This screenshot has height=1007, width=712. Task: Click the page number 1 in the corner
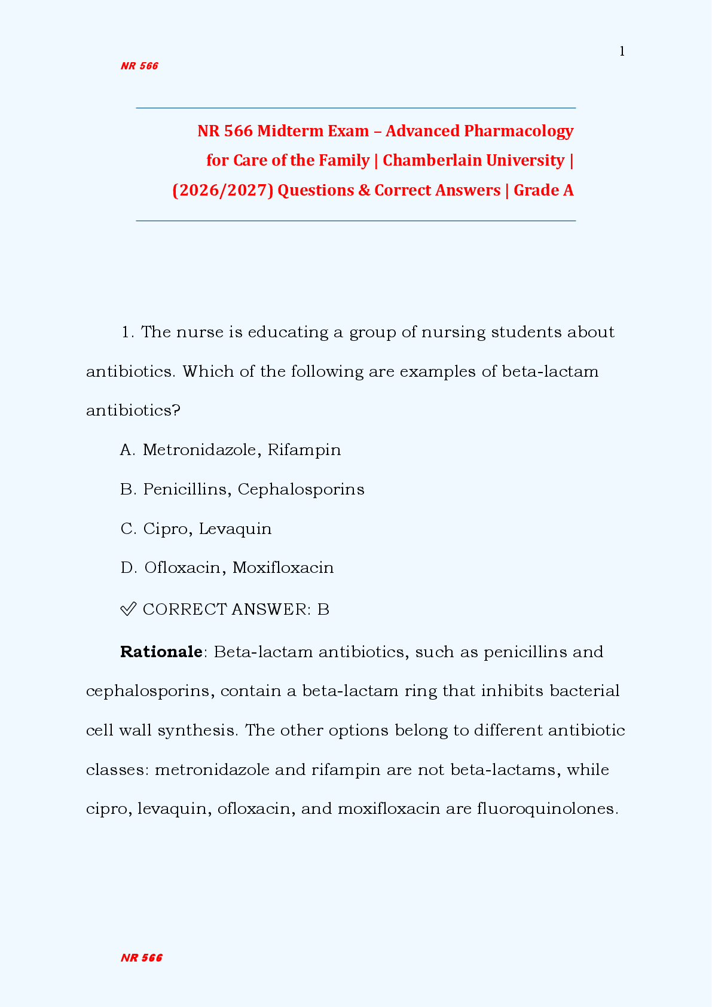point(622,52)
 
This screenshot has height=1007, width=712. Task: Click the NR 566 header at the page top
point(139,66)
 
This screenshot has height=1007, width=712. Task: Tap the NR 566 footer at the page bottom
point(142,958)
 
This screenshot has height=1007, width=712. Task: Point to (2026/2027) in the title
point(223,190)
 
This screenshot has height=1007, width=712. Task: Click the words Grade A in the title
point(543,190)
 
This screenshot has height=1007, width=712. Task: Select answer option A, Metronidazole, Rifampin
point(231,450)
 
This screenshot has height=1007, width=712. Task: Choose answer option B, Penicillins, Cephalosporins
point(242,489)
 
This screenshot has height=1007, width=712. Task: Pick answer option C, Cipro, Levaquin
point(196,529)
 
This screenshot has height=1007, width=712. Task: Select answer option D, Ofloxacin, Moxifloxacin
point(227,567)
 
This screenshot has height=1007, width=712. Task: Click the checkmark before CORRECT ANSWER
point(128,609)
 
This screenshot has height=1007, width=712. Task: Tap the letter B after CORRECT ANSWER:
point(323,609)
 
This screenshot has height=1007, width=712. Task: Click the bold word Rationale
point(161,652)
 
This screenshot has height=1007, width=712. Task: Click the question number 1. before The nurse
point(128,332)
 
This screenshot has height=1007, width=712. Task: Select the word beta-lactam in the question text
point(550,372)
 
